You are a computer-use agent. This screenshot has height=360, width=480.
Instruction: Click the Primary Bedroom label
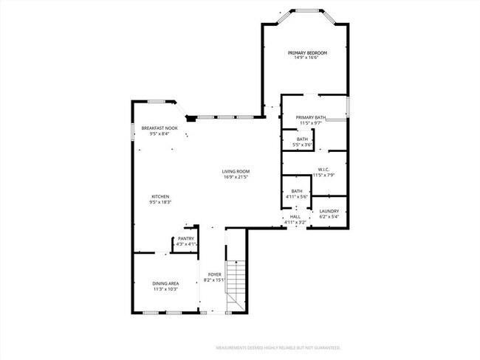pyautogui.click(x=307, y=53)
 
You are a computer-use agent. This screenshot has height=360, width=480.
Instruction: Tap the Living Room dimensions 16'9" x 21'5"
pyautogui.click(x=236, y=177)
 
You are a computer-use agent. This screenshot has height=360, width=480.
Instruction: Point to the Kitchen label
pyautogui.click(x=161, y=196)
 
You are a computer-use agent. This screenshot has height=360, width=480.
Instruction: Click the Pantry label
pyautogui.click(x=186, y=239)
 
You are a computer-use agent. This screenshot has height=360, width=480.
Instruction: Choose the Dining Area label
pyautogui.click(x=165, y=283)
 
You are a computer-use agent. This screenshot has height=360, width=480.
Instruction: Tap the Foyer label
pyautogui.click(x=214, y=275)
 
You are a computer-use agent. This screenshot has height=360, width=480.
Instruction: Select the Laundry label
pyautogui.click(x=329, y=211)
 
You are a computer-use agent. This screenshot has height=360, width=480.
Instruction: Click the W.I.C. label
pyautogui.click(x=324, y=169)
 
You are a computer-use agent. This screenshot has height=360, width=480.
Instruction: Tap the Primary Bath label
pyautogui.click(x=311, y=117)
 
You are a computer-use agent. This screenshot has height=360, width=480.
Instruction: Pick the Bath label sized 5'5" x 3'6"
pyautogui.click(x=303, y=139)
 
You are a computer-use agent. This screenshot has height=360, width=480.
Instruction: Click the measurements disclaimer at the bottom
pyautogui.click(x=278, y=347)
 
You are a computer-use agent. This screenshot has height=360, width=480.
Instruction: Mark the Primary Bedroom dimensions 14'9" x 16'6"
pyautogui.click(x=307, y=59)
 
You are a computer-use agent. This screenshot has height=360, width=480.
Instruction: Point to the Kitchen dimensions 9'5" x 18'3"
pyautogui.click(x=161, y=202)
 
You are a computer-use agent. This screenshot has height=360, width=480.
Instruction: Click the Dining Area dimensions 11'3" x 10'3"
pyautogui.click(x=165, y=289)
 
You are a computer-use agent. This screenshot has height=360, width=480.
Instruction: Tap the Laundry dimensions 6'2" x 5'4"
pyautogui.click(x=329, y=217)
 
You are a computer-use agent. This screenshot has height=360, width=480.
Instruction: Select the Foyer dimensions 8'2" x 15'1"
pyautogui.click(x=214, y=281)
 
